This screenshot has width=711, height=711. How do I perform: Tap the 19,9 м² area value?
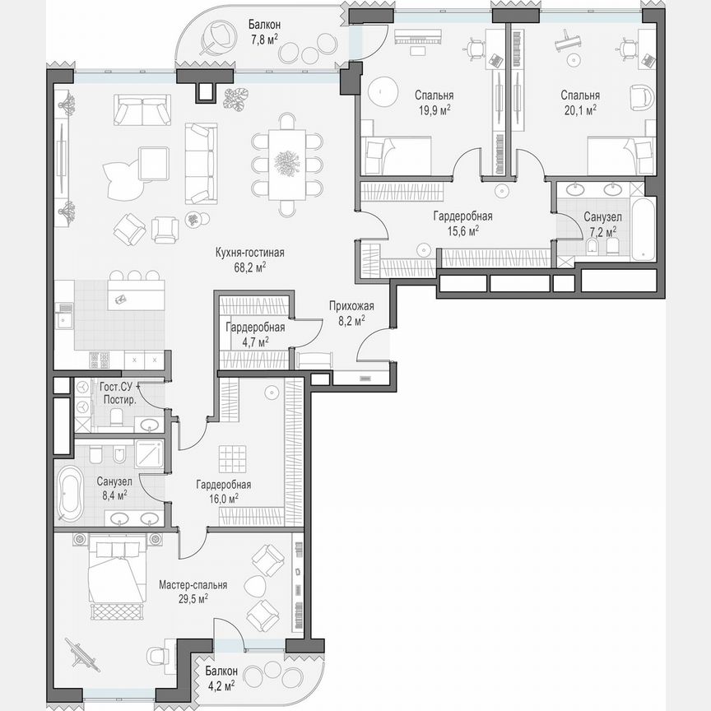pyautogui.click(x=432, y=109)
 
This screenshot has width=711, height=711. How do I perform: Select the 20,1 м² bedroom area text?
pyautogui.click(x=580, y=109)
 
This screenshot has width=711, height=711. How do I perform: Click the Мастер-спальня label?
pyautogui.click(x=193, y=585)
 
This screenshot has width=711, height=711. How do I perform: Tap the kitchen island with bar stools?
pyautogui.click(x=135, y=294)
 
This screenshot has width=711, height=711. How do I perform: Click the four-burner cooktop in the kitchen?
pyautogui.click(x=100, y=360)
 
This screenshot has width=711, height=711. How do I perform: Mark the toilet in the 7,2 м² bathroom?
pyautogui.click(x=592, y=244)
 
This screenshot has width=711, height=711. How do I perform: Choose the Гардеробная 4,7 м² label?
pyautogui.click(x=255, y=333)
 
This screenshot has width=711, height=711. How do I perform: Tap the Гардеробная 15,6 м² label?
pyautogui.click(x=462, y=223)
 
